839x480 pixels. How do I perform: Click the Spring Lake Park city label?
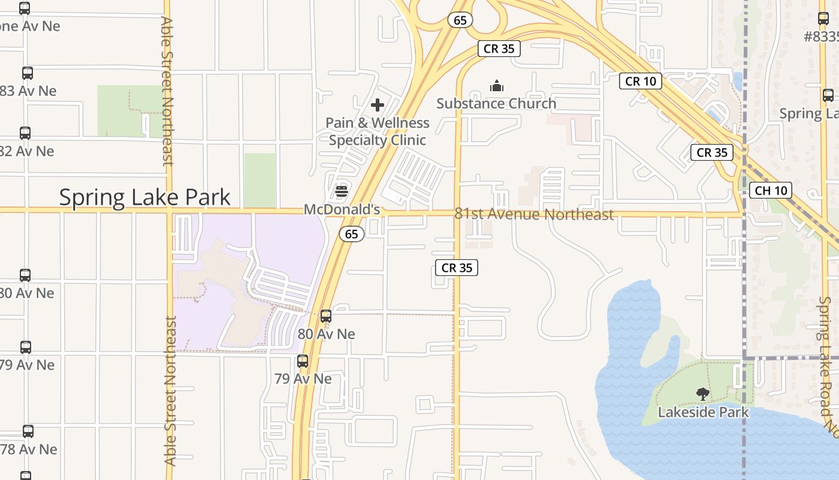pos(144,197)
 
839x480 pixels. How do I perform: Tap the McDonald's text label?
pos(342,209)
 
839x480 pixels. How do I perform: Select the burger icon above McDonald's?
pos(342,191)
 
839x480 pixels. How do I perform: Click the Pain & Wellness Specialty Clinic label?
pos(378,131)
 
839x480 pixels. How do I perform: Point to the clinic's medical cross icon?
pos(378,106)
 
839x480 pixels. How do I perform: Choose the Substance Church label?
pos(496,103)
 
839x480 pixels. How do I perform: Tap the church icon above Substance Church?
pos(497,86)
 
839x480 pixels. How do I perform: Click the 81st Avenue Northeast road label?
pos(534,214)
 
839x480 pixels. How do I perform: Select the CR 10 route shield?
pos(641,81)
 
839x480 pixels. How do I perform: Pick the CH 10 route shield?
pos(771,191)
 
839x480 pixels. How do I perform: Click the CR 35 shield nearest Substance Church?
pos(499,49)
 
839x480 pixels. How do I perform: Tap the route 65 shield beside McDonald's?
pos(352,234)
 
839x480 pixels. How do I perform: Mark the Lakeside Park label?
pos(703,412)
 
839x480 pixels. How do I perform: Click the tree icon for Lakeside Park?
pos(703,394)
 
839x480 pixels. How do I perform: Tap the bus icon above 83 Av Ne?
pos(28,73)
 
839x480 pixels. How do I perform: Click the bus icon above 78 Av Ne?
pos(28,431)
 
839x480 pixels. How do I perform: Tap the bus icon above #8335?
pos(823,19)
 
